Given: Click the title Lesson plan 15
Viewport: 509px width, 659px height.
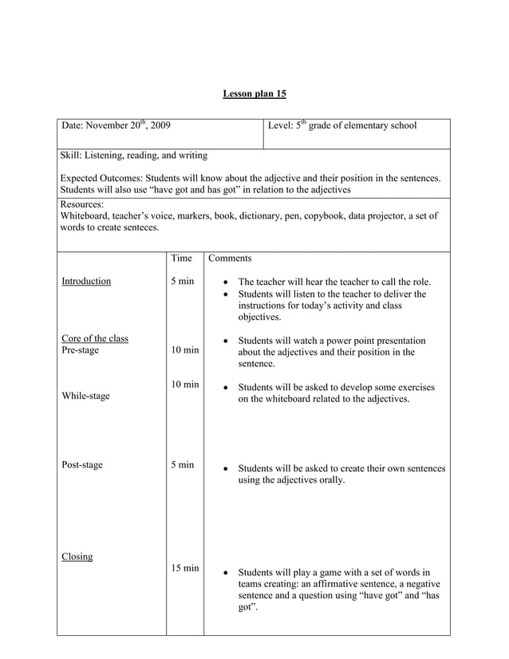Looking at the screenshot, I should [254, 94].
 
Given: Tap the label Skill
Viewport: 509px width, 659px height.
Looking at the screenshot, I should [72, 155].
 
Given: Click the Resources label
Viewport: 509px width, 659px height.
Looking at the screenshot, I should [81, 204].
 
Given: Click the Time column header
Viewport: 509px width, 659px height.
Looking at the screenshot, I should [182, 258].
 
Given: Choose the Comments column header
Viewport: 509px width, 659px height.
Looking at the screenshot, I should [230, 258].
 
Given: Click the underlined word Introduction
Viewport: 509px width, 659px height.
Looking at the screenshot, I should [86, 282].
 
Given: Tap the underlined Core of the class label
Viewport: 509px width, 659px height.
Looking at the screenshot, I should [95, 338].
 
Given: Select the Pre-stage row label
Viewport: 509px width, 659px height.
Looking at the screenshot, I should [80, 350].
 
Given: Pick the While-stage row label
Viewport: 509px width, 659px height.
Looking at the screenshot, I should [85, 396].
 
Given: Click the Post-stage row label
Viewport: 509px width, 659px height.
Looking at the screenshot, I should [82, 465].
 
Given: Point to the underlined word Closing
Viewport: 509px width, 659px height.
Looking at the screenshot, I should [77, 557].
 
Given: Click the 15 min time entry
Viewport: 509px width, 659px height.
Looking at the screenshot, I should [185, 568].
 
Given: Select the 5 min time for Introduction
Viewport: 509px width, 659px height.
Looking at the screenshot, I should [183, 282].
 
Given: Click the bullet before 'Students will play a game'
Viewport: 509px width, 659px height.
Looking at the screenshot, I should [228, 573].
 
